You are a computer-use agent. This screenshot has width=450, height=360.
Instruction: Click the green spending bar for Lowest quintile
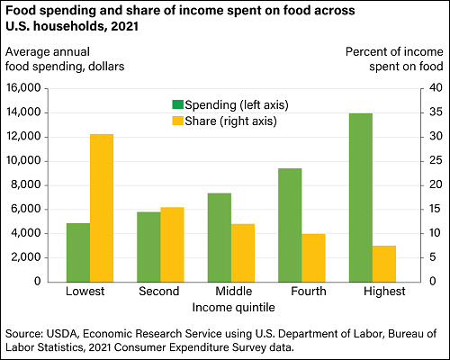78,252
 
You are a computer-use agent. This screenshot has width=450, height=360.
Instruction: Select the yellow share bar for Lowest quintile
102,208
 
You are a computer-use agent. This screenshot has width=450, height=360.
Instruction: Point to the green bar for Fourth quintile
290,225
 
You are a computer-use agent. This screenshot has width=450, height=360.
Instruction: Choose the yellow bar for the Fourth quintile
313,257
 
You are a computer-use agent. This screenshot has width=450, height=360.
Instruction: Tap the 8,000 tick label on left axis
41,184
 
